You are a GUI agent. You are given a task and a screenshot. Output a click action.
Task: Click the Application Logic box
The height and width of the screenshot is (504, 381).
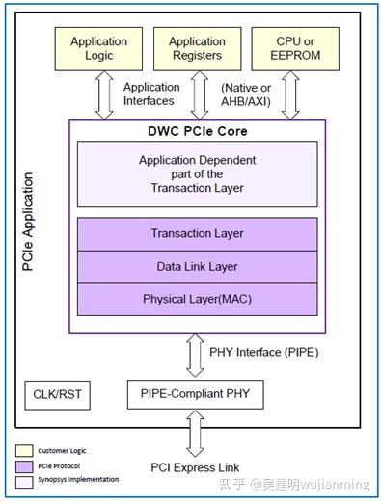[x=99, y=48]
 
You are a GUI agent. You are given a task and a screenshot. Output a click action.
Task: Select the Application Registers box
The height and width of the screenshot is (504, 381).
[x=197, y=48]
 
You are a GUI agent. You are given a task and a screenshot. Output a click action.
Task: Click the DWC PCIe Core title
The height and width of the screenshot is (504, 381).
[x=198, y=129]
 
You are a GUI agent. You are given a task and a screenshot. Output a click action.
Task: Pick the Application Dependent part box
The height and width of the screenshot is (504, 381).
[x=197, y=173]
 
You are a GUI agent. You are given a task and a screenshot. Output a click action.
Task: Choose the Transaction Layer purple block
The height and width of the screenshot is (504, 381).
[x=197, y=233]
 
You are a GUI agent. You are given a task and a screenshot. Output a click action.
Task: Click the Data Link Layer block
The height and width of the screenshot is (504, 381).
[x=197, y=266]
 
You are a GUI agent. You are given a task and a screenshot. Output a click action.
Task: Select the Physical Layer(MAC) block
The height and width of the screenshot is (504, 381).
[x=197, y=299]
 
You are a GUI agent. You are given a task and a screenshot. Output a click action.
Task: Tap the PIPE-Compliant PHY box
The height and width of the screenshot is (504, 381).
[x=197, y=394]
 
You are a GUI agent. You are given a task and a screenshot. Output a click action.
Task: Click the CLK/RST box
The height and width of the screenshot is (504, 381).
[x=54, y=394]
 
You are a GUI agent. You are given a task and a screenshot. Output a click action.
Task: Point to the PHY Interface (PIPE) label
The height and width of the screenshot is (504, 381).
[x=263, y=352]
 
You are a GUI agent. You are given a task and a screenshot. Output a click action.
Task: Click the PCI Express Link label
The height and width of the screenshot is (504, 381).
[x=197, y=468]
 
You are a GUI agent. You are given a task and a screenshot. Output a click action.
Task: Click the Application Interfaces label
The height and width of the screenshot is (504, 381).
[x=150, y=94]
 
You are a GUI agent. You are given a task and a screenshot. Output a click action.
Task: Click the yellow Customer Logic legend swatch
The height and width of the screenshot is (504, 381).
[x=26, y=450]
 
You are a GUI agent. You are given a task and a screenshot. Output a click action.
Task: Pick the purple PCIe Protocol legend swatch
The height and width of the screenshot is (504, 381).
[x=26, y=464]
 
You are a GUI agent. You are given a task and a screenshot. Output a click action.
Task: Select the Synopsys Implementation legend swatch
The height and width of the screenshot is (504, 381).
[x=26, y=479]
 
